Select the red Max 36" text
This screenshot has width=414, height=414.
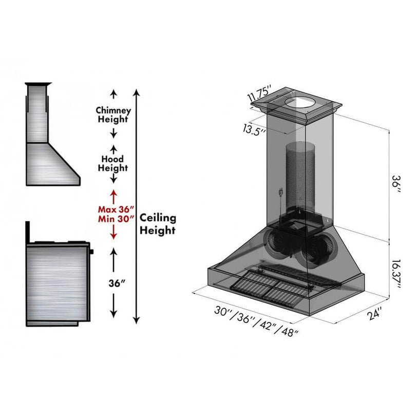pyautogui.click(x=116, y=210)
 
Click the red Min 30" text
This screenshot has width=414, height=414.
pyautogui.click(x=116, y=219)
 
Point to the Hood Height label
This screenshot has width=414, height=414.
pyautogui.click(x=114, y=164)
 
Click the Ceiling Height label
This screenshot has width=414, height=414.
pyautogui.click(x=158, y=224)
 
